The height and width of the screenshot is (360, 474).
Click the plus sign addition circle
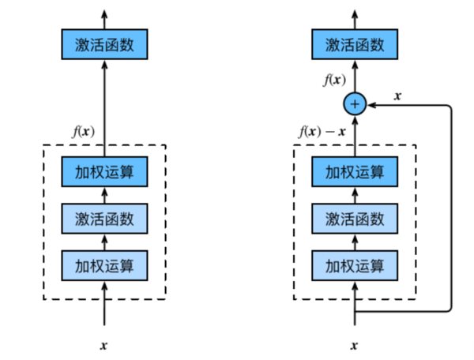(355, 103)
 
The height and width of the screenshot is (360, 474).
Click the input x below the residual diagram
(355, 345)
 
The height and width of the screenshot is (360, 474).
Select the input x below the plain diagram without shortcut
(104, 345)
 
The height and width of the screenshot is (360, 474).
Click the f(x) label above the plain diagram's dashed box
(82, 132)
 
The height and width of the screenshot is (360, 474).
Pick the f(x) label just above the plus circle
(333, 80)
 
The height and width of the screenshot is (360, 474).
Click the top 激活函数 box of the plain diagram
(104, 45)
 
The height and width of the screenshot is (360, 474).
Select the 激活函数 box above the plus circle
(355, 45)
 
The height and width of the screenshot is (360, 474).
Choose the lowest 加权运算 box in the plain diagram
(104, 264)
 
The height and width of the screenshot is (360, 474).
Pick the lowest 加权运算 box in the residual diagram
(355, 264)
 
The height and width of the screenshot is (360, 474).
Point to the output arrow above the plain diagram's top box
(104, 19)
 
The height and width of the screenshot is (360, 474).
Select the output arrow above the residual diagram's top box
(355, 19)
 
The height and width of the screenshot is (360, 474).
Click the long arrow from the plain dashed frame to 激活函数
(104, 103)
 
